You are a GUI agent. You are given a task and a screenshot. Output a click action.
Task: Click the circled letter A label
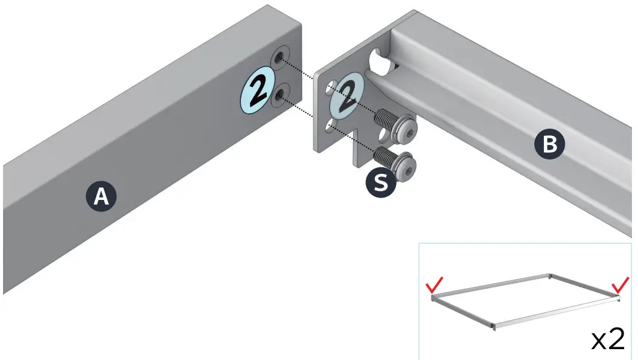coord(101,196)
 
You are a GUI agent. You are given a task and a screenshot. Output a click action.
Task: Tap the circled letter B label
coord(549,144)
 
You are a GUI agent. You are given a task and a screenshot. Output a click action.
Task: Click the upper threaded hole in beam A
coord(279,58)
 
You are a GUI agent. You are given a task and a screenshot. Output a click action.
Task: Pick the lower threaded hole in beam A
coord(280,95)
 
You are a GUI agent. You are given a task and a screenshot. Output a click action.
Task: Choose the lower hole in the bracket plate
coord(329,125)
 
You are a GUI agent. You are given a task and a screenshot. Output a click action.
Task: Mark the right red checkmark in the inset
coord(620,284)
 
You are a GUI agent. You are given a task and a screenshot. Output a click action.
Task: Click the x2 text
coord(607,340)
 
